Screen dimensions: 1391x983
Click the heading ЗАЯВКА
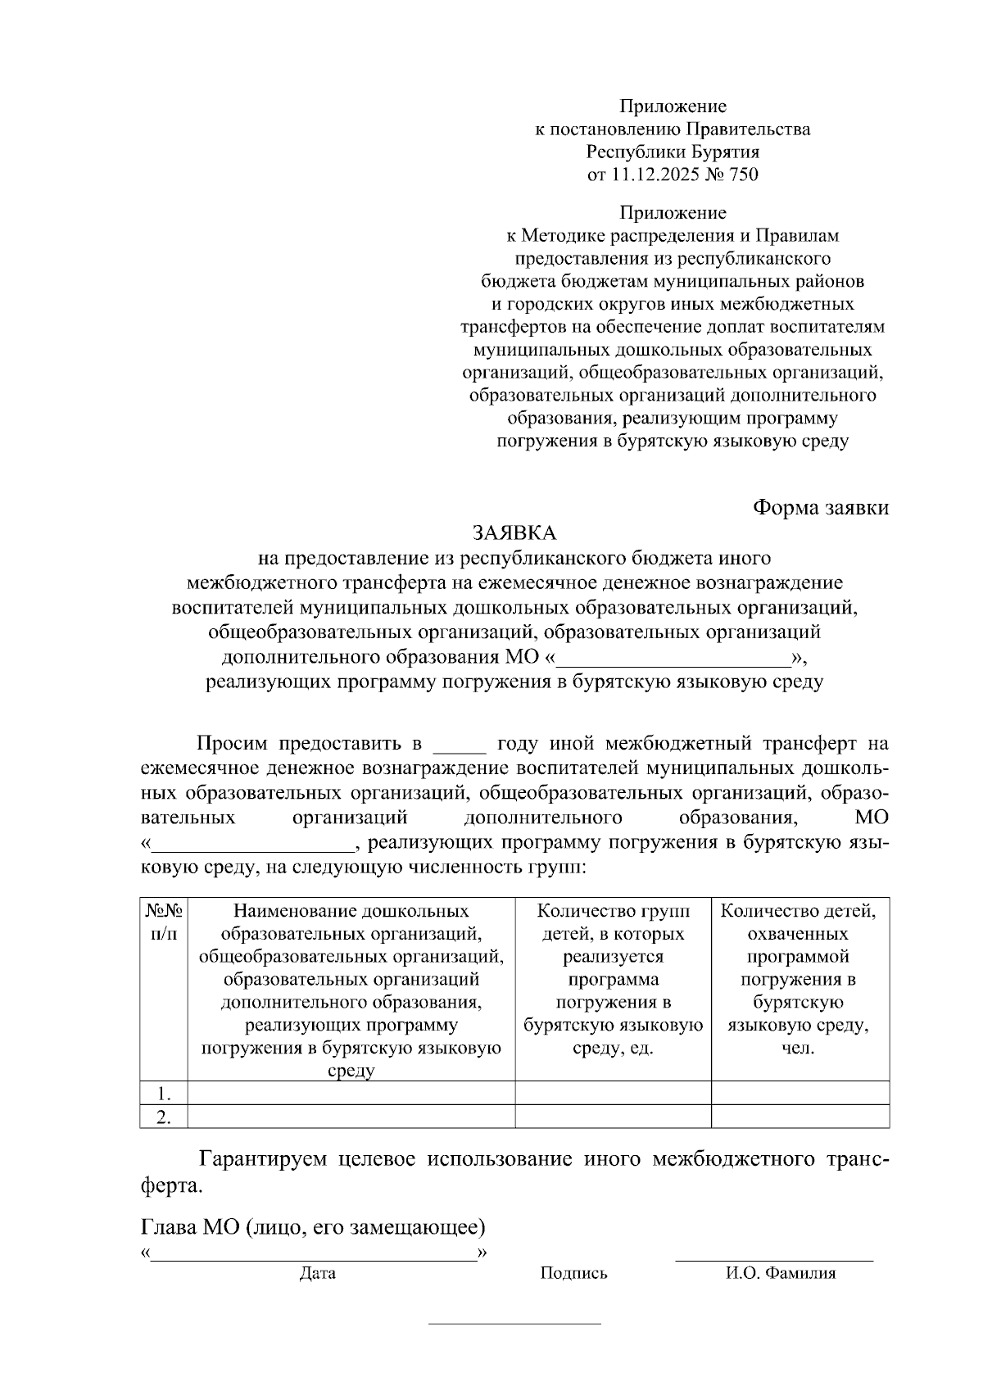tap(514, 533)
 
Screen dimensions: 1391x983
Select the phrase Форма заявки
tap(821, 508)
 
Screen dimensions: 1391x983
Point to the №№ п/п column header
tap(164, 922)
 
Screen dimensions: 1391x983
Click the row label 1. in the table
tap(164, 1094)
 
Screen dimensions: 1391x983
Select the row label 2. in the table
tap(164, 1117)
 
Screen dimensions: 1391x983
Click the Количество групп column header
tap(613, 912)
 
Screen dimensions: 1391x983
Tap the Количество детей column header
tap(800, 912)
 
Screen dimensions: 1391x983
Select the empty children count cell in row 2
tap(800, 1117)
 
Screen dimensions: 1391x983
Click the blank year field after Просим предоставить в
tap(460, 745)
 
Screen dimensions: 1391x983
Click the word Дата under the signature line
tap(317, 1274)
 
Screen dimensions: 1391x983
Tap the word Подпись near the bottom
tap(573, 1274)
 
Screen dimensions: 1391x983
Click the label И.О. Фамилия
tap(780, 1274)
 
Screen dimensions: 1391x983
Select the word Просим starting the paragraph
tap(232, 745)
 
